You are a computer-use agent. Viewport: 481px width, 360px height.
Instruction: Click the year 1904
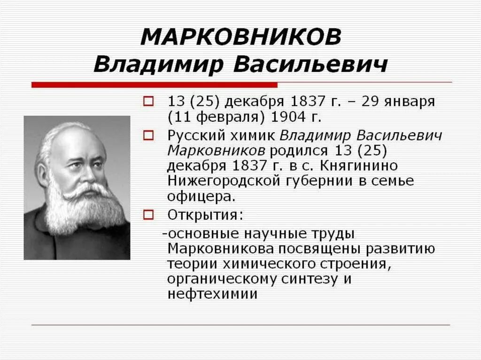click(x=263, y=116)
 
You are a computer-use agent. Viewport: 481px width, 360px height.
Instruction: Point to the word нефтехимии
click(x=212, y=294)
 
